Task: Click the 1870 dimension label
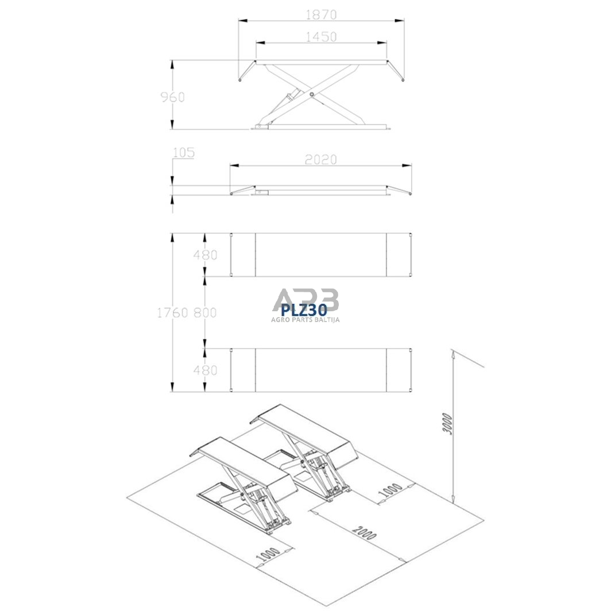(x=321, y=14)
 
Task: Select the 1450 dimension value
(x=321, y=37)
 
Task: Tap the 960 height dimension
(x=173, y=97)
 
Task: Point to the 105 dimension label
(x=184, y=152)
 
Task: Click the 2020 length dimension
(x=320, y=160)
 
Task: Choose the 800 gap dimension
(x=205, y=312)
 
